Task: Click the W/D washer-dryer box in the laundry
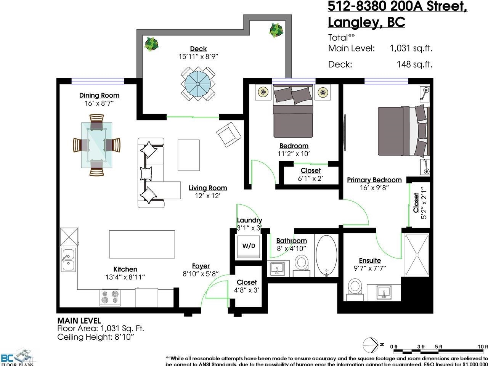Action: tap(249, 246)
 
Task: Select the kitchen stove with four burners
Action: tap(110, 297)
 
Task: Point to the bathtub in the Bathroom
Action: tap(327, 255)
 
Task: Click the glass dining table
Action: tap(96, 145)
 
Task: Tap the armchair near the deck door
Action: tap(229, 135)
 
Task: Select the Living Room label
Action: tap(208, 188)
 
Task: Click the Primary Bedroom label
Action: tap(374, 180)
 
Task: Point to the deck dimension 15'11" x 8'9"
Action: tap(198, 57)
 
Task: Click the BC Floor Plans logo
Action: tap(17, 356)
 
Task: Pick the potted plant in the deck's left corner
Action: tap(152, 43)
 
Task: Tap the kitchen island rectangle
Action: tap(142, 244)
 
